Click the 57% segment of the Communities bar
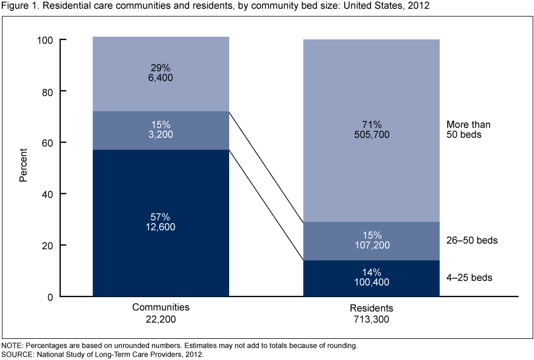click(161, 245)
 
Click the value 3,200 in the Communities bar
click(161, 134)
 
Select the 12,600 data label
click(161, 227)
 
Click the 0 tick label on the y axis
click(50, 297)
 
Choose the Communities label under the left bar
click(161, 307)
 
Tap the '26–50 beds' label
click(472, 241)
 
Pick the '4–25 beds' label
click(469, 277)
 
